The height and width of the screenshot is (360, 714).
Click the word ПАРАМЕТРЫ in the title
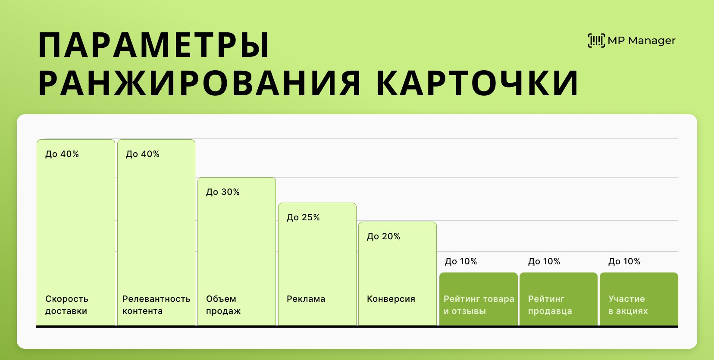point(153,46)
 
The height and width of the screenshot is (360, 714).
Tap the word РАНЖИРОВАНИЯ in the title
point(200,83)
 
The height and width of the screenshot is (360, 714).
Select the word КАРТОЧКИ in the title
point(477,83)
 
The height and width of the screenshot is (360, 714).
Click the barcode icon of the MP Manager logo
point(596,41)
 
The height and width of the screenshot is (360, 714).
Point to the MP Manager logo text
point(641,41)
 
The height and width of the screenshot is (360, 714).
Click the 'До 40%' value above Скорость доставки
point(62,154)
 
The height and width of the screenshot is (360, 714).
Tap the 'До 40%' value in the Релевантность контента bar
point(142,154)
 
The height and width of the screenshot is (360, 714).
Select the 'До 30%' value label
point(223,192)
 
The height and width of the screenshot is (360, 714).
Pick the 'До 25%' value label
point(303,217)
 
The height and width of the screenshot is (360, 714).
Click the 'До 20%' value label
point(383,236)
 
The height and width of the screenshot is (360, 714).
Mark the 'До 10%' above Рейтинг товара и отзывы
point(461,261)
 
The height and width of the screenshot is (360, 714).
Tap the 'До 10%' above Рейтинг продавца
point(544,261)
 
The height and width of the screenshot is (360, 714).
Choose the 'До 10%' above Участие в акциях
point(624,261)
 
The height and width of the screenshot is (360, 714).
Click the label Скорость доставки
point(67,305)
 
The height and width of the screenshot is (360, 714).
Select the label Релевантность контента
point(156,305)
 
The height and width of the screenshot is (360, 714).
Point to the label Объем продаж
point(223,305)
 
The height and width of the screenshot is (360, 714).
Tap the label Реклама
point(306,299)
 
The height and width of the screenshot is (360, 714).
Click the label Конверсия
point(391,299)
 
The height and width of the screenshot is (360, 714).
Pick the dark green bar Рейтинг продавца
point(558,299)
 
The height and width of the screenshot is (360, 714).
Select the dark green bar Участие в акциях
point(639,299)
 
